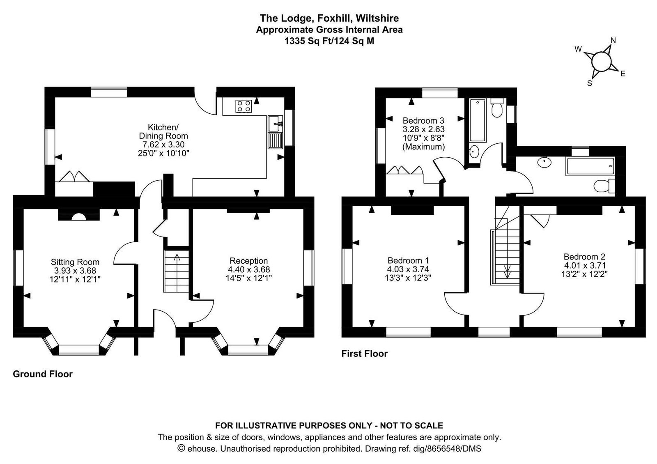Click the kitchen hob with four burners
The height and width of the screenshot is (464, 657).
coord(244,106)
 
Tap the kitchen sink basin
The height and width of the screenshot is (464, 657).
coord(275,124)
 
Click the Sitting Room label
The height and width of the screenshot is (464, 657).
coord(75,262)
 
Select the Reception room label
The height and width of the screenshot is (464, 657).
coord(249,261)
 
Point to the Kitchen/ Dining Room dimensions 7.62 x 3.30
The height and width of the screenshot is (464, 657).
coord(163,145)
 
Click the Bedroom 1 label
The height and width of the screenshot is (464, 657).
coord(408,260)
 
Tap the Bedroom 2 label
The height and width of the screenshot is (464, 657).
coord(584,257)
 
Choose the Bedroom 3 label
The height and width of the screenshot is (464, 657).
coord(423,121)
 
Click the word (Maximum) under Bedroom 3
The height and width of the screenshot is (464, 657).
coord(423,147)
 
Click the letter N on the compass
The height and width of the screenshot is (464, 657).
coord(613,41)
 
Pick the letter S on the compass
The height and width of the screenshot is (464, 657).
coord(590,83)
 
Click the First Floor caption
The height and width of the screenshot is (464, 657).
coord(364,354)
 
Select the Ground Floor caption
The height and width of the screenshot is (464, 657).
coord(43,374)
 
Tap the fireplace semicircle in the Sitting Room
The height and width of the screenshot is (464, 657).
coord(79,217)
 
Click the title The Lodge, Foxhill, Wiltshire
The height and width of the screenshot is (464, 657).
coord(329,18)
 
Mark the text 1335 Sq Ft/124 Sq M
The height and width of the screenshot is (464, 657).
coord(329,41)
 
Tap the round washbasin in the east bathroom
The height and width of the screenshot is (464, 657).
coord(544,162)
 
